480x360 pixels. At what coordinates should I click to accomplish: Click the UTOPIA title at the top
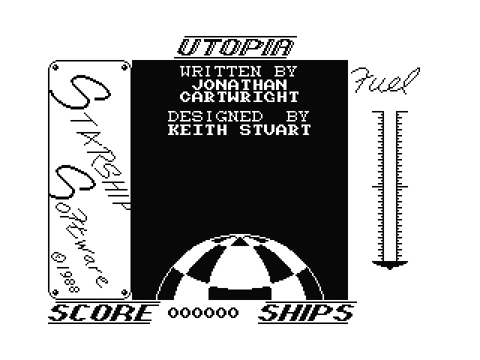pyautogui.click(x=235, y=47)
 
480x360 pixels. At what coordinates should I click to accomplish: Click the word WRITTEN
pyautogui.click(x=220, y=72)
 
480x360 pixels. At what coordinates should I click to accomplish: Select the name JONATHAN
pyautogui.click(x=240, y=85)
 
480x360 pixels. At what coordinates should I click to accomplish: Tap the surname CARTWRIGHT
pyautogui.click(x=239, y=97)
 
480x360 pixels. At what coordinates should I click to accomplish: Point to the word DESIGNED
pyautogui.click(x=215, y=116)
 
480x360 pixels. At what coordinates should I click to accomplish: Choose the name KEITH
pyautogui.click(x=197, y=130)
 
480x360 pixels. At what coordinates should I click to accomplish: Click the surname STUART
pyautogui.click(x=275, y=130)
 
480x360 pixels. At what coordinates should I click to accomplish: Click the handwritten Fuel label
pyautogui.click(x=385, y=80)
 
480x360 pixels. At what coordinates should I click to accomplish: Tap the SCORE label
pyautogui.click(x=101, y=313)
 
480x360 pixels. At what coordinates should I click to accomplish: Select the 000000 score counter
pyautogui.click(x=203, y=313)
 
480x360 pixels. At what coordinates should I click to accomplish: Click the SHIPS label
pyautogui.click(x=306, y=313)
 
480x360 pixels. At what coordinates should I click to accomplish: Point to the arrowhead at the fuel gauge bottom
pyautogui.click(x=390, y=265)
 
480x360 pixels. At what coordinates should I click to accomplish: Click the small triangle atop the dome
pyautogui.click(x=240, y=241)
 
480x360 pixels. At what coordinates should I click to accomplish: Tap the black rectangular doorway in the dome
pyautogui.click(x=240, y=293)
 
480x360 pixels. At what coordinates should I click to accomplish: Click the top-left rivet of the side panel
pyautogui.click(x=55, y=67)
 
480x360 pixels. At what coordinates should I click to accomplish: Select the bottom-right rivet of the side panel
pyautogui.click(x=124, y=292)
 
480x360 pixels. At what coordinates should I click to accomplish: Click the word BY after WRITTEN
pyautogui.click(x=286, y=72)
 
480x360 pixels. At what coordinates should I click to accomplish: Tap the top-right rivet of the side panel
pyautogui.click(x=124, y=67)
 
